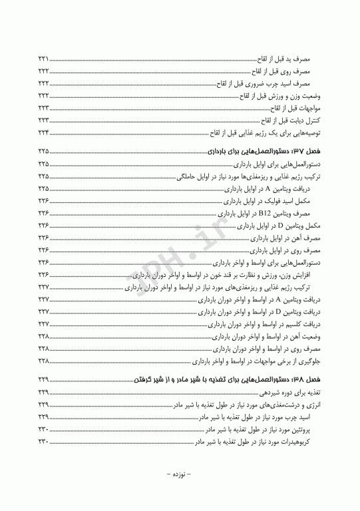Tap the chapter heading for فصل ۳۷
268,152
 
